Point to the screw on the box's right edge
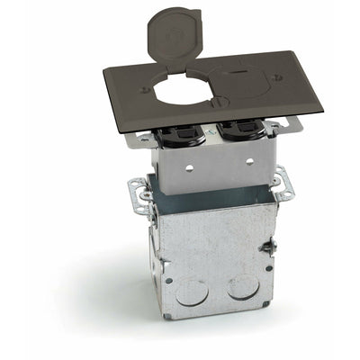[267, 247]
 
